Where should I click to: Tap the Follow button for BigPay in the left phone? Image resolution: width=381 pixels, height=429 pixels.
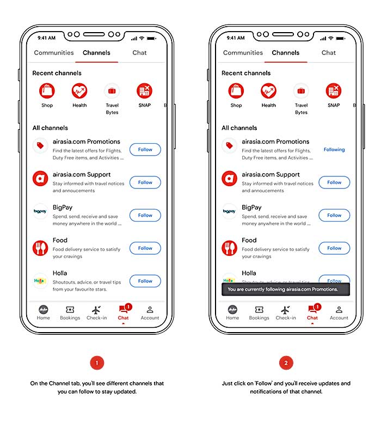pyautogui.click(x=145, y=216)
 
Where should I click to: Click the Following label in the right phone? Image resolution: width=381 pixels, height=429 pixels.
pyautogui.click(x=334, y=149)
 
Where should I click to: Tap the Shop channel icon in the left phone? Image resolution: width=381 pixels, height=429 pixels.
pyautogui.click(x=47, y=91)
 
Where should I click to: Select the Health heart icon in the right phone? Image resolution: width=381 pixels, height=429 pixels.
pyautogui.click(x=268, y=91)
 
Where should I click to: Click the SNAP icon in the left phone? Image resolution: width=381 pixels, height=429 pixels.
pyautogui.click(x=144, y=91)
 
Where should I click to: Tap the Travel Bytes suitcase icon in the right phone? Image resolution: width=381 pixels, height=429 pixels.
pyautogui.click(x=301, y=91)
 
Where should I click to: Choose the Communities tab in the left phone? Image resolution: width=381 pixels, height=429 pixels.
pyautogui.click(x=54, y=52)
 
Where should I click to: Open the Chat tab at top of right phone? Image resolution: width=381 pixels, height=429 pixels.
pyautogui.click(x=329, y=52)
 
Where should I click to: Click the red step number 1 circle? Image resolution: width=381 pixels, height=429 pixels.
pyautogui.click(x=97, y=363)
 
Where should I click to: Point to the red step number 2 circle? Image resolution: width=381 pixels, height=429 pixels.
pyautogui.click(x=286, y=363)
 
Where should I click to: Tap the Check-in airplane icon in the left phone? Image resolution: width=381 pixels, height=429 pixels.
pyautogui.click(x=96, y=310)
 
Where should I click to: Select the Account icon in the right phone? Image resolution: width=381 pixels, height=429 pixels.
pyautogui.click(x=339, y=310)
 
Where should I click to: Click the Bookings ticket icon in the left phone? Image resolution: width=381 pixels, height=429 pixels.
pyautogui.click(x=70, y=310)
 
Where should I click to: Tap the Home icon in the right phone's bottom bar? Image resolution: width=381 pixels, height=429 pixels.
pyautogui.click(x=232, y=310)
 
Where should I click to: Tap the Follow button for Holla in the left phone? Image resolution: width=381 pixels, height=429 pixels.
pyautogui.click(x=145, y=281)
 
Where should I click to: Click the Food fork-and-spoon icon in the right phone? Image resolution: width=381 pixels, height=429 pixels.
pyautogui.click(x=229, y=248)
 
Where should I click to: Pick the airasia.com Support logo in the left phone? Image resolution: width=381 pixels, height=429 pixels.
pyautogui.click(x=40, y=179)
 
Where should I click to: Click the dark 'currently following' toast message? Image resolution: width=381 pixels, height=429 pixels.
pyautogui.click(x=286, y=289)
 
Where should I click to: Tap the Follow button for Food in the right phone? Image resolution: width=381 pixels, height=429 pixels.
pyautogui.click(x=334, y=248)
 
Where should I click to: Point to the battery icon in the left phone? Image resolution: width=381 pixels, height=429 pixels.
pyautogui.click(x=151, y=38)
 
